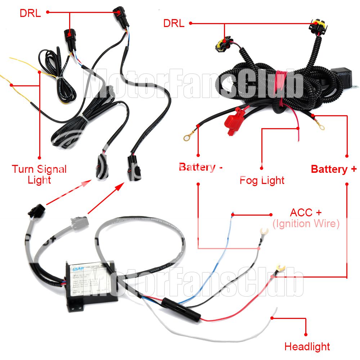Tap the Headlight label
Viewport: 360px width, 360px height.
(x=307, y=347)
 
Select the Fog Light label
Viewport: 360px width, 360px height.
(x=262, y=180)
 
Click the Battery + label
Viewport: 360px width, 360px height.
(x=334, y=169)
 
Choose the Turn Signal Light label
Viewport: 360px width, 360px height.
(x=39, y=174)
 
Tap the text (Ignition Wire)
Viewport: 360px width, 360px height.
(x=306, y=224)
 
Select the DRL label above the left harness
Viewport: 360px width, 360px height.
(x=30, y=13)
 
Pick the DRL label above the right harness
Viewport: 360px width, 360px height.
(x=174, y=24)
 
